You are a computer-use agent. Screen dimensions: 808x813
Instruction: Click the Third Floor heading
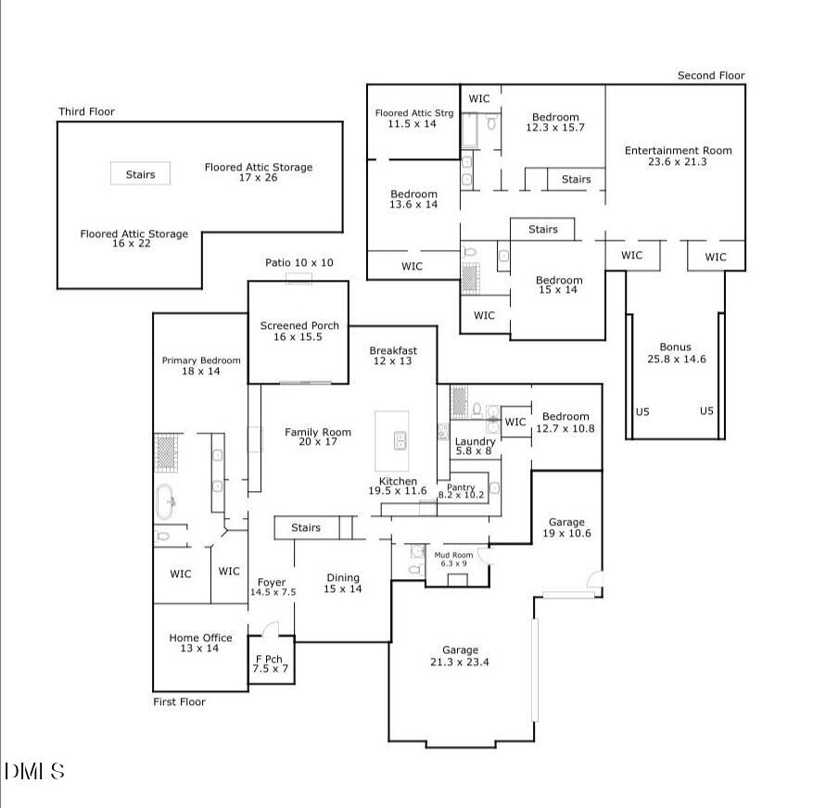pos(86,112)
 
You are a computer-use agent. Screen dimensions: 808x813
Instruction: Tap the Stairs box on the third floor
pos(141,173)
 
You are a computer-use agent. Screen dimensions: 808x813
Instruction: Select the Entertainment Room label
pos(678,156)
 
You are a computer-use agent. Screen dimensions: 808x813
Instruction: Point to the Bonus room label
pos(676,353)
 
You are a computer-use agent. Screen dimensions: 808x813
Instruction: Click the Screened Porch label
pos(299,332)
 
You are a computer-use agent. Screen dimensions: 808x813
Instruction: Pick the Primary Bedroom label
pos(201,366)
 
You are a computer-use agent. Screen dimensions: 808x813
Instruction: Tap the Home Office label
pos(200,643)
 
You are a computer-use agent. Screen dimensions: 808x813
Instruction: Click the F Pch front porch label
pos(272,663)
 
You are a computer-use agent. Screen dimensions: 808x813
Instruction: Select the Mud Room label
pos(454,559)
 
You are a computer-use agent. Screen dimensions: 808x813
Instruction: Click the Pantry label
pos(461,491)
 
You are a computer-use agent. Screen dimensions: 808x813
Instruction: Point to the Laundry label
pos(475,446)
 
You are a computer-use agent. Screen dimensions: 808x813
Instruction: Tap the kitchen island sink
pos(400,441)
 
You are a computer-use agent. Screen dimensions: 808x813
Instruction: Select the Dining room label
pos(342,584)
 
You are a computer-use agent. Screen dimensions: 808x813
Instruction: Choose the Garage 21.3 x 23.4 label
pos(460,656)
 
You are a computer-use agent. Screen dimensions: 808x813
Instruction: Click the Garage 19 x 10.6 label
pos(566,527)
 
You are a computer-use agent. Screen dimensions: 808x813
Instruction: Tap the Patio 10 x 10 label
pos(299,263)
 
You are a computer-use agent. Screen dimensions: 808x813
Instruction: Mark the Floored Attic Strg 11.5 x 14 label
pos(413,118)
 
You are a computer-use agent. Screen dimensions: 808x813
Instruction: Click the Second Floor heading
pos(710,76)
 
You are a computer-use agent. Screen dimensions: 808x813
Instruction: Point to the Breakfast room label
pos(393,356)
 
